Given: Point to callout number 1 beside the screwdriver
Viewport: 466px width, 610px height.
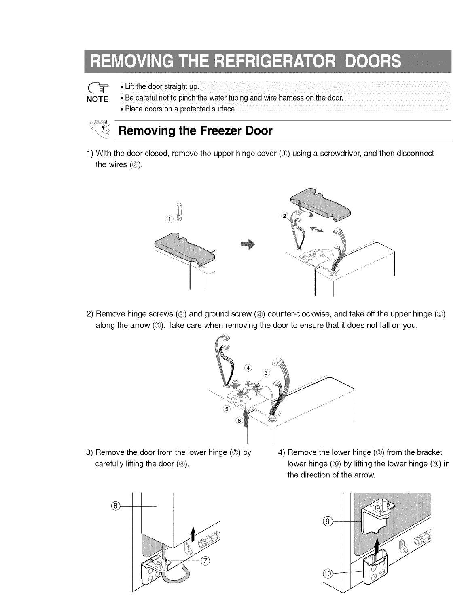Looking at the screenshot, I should pos(170,219).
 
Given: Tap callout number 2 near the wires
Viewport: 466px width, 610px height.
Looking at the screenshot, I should pos(284,216).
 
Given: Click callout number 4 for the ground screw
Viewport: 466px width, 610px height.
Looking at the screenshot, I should pos(248,367).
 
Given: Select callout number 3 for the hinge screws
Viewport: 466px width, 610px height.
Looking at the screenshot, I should pos(266,372).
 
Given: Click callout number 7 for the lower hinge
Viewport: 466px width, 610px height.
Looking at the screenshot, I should pos(206,560).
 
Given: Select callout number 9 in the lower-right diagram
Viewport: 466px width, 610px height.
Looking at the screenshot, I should pos(329,522).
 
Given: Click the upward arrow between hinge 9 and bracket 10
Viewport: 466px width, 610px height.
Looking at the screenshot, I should pos(376,545).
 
